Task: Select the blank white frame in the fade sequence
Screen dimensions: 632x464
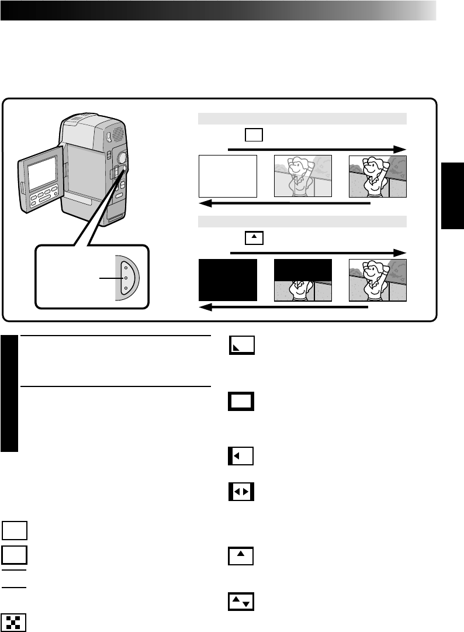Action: (x=228, y=176)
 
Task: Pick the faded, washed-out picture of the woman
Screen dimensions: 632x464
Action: (x=303, y=176)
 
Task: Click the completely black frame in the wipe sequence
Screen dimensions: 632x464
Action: (x=228, y=280)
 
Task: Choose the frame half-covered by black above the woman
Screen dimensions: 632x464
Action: (x=303, y=280)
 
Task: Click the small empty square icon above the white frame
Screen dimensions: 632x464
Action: (x=254, y=135)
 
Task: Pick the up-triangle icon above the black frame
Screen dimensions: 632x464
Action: (x=254, y=238)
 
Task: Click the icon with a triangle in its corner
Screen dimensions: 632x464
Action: (x=242, y=346)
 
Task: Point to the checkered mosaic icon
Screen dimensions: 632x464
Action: (x=13, y=622)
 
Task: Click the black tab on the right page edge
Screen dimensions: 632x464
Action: (x=452, y=196)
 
